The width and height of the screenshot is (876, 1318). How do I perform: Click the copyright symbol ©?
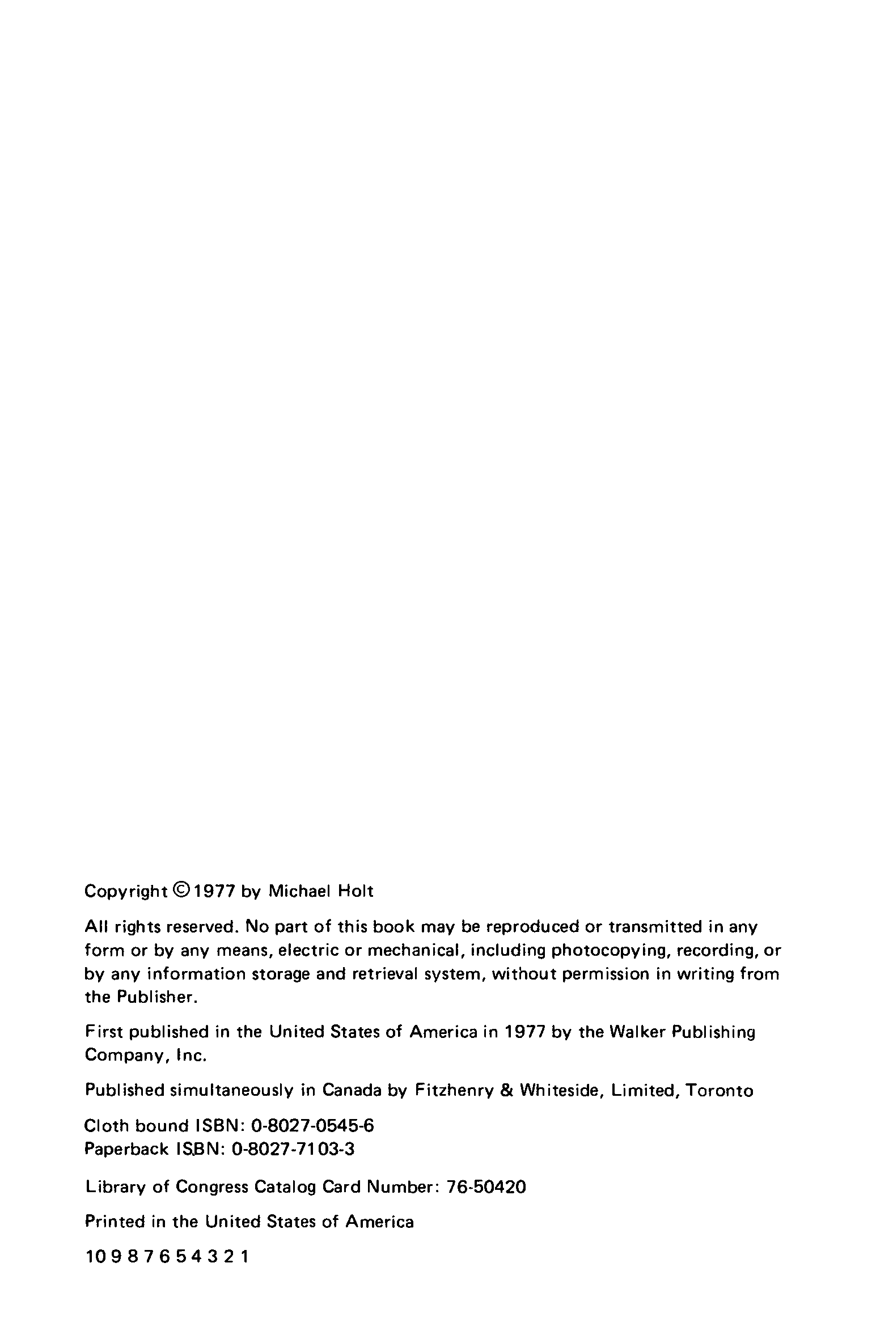(x=181, y=890)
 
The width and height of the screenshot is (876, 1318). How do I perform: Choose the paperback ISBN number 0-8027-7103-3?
(x=293, y=1149)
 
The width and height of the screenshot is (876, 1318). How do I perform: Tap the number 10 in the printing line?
(x=94, y=1257)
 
